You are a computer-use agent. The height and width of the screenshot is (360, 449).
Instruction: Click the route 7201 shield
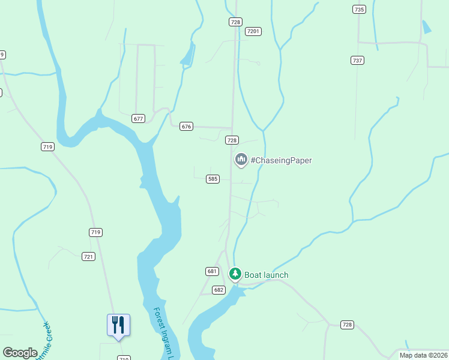coord(253,31)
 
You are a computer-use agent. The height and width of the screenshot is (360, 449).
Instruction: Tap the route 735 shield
coord(359,9)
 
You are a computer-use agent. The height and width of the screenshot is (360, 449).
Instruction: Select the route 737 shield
coord(358,60)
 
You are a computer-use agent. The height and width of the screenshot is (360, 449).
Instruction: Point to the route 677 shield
coord(139,118)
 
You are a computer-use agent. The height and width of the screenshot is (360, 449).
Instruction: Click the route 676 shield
coord(186,126)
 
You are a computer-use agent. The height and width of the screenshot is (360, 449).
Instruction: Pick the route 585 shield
coord(212,179)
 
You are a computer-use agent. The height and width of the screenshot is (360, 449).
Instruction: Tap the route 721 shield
coord(88,256)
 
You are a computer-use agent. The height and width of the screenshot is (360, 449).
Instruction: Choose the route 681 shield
coord(212,271)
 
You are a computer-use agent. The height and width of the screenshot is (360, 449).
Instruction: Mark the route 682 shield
coord(218,290)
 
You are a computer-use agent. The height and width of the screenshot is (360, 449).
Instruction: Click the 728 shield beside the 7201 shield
coord(235,22)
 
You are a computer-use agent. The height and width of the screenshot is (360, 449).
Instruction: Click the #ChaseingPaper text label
coord(281,160)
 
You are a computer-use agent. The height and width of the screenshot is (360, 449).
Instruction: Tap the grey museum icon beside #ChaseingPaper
coord(241,160)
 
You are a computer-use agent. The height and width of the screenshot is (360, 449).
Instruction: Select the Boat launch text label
coord(267,275)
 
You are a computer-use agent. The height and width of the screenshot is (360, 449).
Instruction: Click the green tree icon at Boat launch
coord(235,275)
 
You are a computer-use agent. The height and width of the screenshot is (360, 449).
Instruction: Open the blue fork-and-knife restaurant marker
coord(118,325)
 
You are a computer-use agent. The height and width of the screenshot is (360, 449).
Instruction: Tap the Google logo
coord(20,353)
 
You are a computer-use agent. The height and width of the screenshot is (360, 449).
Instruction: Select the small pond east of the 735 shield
coord(426,27)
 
